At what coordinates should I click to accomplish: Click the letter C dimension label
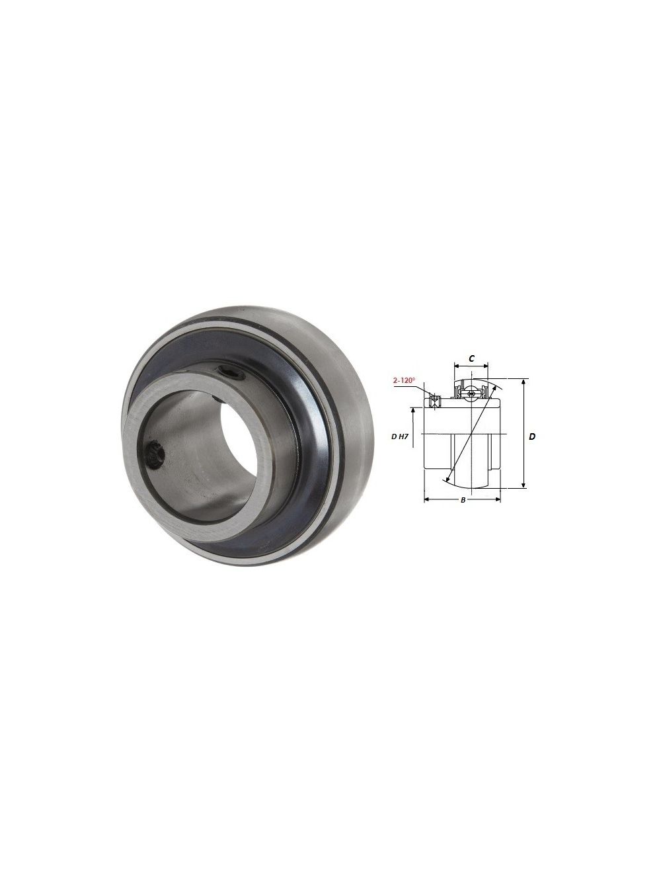click(471, 358)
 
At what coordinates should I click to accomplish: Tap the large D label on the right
click(532, 436)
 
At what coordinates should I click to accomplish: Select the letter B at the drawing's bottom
click(463, 500)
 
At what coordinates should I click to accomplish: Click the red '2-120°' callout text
click(403, 380)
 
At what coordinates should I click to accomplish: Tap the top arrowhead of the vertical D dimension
click(524, 382)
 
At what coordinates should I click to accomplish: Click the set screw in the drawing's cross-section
click(434, 398)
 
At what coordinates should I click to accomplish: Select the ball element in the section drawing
click(470, 394)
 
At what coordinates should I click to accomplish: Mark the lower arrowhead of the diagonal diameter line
click(449, 480)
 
